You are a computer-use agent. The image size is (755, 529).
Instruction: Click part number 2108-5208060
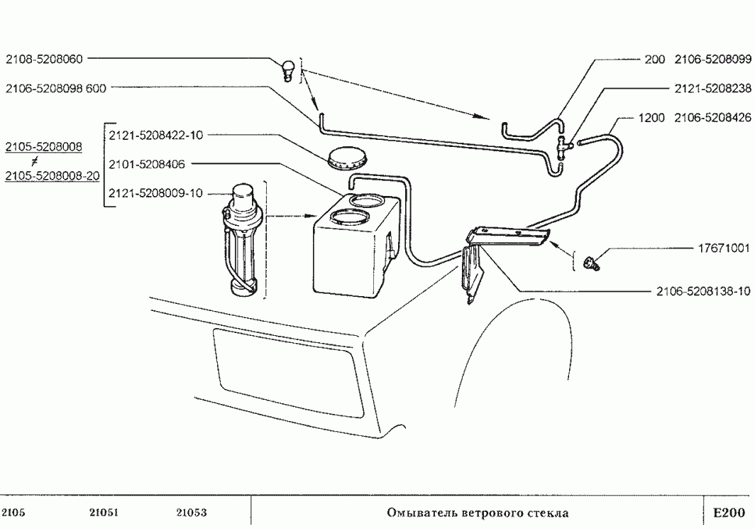(44, 59)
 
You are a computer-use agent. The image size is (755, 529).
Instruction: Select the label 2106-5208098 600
(56, 88)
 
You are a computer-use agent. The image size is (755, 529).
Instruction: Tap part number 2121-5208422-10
(156, 136)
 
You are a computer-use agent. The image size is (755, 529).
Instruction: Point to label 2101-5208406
(147, 164)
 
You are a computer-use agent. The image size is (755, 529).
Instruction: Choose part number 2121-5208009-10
(156, 193)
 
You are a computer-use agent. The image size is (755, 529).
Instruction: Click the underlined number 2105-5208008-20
(52, 176)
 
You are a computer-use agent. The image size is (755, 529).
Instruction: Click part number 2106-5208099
(712, 59)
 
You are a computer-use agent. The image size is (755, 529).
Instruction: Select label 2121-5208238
(712, 89)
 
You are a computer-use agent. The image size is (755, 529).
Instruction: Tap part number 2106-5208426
(712, 118)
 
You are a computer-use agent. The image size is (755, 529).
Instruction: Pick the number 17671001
(724, 248)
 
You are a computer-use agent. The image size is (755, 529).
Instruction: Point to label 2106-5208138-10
(703, 291)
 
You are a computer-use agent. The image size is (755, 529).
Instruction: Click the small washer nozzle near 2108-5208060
(288, 71)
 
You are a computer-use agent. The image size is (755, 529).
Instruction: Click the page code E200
(729, 513)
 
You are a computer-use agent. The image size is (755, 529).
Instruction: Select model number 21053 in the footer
(191, 513)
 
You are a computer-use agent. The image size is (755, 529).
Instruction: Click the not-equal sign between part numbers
(34, 161)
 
